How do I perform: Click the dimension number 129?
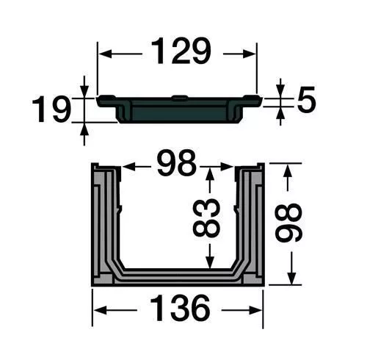[x=181, y=51]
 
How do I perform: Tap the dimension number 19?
[x=51, y=109]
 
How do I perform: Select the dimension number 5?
[x=306, y=100]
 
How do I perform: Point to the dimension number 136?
[x=180, y=308]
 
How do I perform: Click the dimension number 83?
[x=206, y=217]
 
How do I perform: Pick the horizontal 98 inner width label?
[x=177, y=162]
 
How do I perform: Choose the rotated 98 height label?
[x=288, y=222]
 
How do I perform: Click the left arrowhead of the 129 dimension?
[x=105, y=54]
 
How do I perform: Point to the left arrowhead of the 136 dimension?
[x=101, y=310]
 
